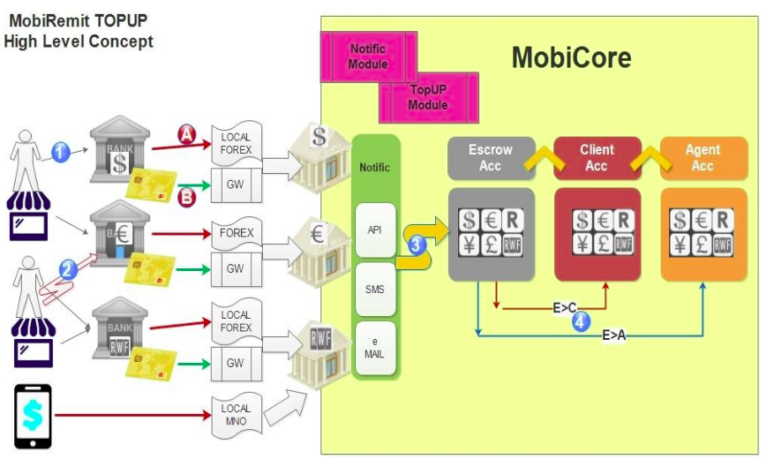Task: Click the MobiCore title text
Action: tap(571, 58)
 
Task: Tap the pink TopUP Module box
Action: tap(428, 97)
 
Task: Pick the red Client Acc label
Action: tap(597, 157)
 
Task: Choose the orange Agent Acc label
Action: tap(703, 157)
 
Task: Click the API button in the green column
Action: tap(375, 228)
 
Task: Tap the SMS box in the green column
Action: tap(375, 290)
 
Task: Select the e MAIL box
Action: tap(375, 348)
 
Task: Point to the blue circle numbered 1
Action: tap(60, 152)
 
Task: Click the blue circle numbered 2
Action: tap(68, 269)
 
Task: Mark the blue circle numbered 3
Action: tap(417, 245)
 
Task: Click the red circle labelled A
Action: tap(187, 133)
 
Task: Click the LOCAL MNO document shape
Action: tap(236, 414)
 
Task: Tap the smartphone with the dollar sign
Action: tap(33, 415)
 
